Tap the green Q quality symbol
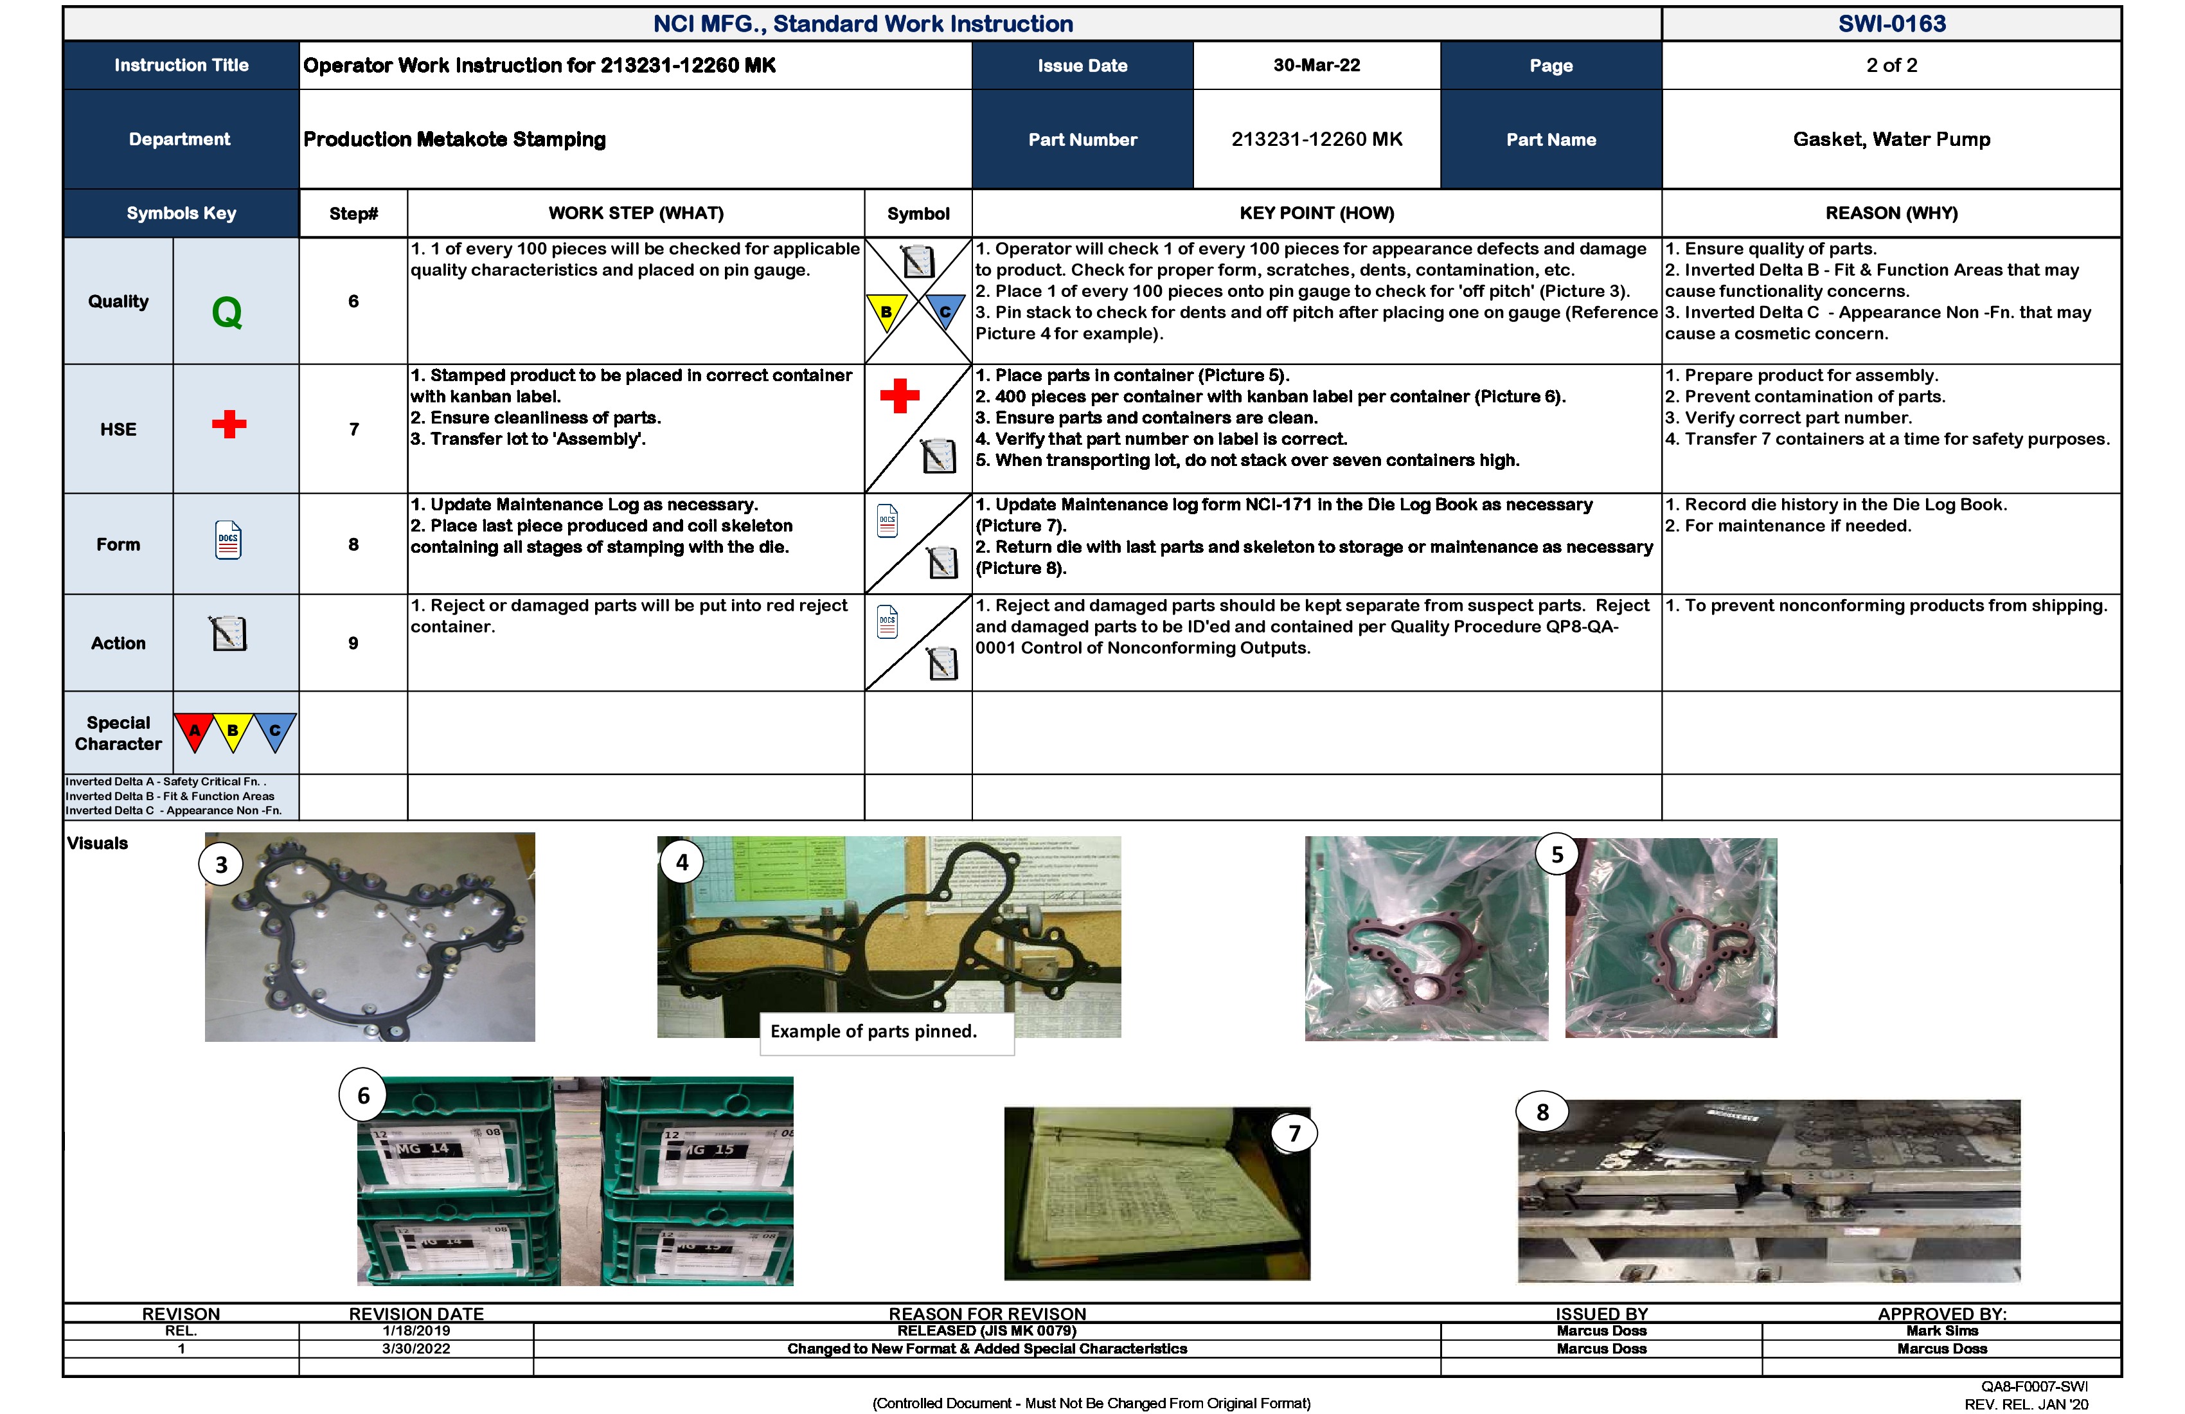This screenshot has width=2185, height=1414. click(227, 312)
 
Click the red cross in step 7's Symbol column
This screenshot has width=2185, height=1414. click(899, 396)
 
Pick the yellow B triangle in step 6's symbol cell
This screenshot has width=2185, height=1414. click(886, 312)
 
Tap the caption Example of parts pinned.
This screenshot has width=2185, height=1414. click(873, 1031)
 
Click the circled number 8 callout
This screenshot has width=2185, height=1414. click(1542, 1113)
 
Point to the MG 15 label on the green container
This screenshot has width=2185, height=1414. click(713, 1150)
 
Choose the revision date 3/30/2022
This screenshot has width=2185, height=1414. click(416, 1349)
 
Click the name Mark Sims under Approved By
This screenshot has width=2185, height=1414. click(1941, 1330)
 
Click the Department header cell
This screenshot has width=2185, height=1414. click(180, 139)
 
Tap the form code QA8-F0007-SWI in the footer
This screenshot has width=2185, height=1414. click(2033, 1386)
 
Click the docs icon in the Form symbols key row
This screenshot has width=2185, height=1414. click(227, 541)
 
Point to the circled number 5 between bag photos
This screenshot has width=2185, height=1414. click(1557, 855)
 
